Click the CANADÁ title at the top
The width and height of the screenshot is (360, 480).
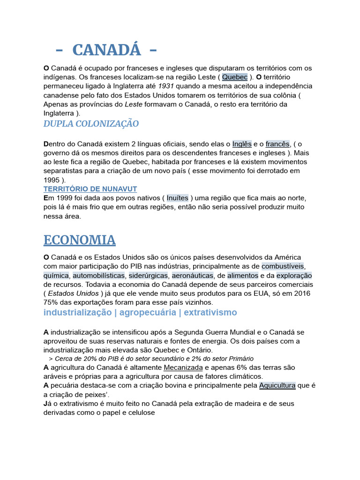[106, 49]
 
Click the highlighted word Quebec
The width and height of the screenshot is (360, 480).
[235, 77]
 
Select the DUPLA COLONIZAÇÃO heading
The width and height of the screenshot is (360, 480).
[91, 124]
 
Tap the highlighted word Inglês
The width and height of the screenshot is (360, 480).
[242, 144]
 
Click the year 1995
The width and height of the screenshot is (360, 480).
[52, 180]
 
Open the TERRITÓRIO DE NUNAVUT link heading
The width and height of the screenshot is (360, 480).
[90, 189]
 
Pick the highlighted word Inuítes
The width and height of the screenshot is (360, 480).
[178, 198]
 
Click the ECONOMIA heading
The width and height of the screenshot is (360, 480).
[80, 240]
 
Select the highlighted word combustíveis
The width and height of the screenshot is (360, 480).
[283, 266]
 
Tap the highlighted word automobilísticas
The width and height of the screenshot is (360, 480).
[98, 276]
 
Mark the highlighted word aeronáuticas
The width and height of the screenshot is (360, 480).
[193, 276]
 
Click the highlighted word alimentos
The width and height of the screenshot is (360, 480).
[243, 276]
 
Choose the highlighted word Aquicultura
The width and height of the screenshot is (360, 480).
[277, 385]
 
